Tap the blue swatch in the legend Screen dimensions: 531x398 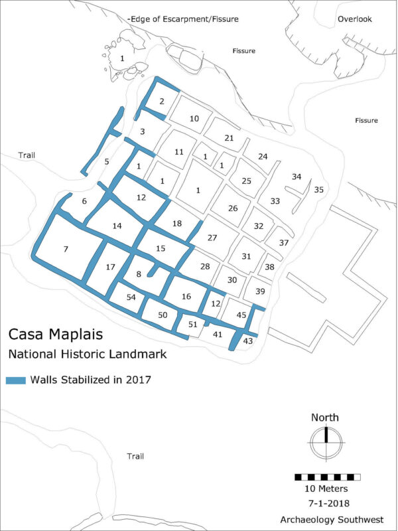click(x=16, y=380)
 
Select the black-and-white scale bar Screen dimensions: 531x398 click(x=328, y=477)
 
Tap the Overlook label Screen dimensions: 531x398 click(x=355, y=19)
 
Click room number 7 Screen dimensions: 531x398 click(x=65, y=250)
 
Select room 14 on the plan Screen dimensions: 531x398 click(x=117, y=226)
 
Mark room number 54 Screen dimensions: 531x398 click(x=131, y=297)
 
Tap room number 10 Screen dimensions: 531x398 click(x=194, y=119)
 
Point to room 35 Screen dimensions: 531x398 click(x=318, y=190)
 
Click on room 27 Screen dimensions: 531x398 click(x=212, y=238)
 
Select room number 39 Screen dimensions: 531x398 click(x=260, y=292)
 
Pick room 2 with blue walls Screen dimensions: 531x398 click(x=162, y=102)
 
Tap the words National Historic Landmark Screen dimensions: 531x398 click(x=86, y=354)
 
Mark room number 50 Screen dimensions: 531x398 click(x=163, y=314)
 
